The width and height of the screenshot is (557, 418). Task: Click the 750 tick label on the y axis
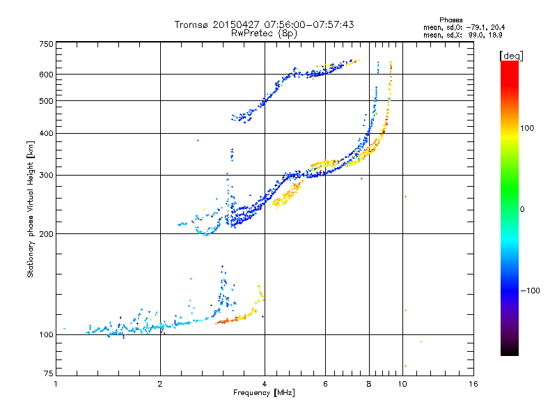pyautogui.click(x=47, y=43)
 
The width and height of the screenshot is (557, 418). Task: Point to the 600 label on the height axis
pyautogui.click(x=47, y=75)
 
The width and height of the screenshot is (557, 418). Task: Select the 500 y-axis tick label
pyautogui.click(x=47, y=101)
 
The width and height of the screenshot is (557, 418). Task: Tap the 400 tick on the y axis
pyautogui.click(x=47, y=133)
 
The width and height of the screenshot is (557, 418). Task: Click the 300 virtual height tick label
pyautogui.click(x=47, y=175)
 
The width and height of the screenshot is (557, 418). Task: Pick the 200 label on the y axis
pyautogui.click(x=47, y=234)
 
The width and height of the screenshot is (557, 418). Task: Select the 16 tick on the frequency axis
pyautogui.click(x=473, y=384)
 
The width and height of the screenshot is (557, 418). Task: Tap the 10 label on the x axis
pyautogui.click(x=402, y=384)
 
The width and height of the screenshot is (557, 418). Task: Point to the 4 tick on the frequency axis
pyautogui.click(x=265, y=384)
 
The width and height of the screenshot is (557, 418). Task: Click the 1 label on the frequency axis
pyautogui.click(x=56, y=384)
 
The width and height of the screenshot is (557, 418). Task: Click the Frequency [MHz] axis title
pyautogui.click(x=265, y=394)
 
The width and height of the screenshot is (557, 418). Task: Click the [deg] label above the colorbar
pyautogui.click(x=512, y=56)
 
